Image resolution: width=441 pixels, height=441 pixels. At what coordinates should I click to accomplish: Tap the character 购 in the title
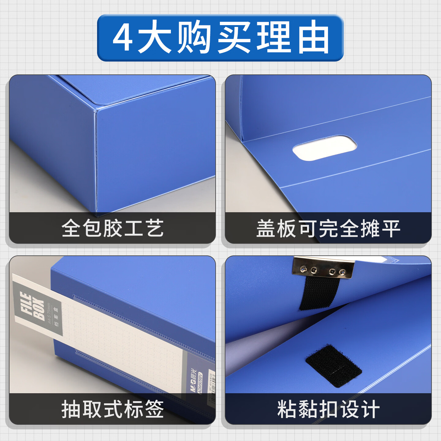tap(194, 37)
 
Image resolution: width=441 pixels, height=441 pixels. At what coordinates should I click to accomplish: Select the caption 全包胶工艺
tap(112, 228)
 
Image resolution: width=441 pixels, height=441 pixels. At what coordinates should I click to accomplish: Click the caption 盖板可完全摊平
tap(328, 228)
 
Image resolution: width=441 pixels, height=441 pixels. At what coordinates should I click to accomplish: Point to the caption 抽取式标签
tap(112, 409)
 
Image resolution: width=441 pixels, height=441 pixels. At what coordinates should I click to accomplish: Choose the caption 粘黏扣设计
tap(328, 409)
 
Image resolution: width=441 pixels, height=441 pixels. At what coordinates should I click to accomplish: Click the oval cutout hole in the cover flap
tap(325, 148)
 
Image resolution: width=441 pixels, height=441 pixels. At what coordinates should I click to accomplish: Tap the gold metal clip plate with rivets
tap(323, 267)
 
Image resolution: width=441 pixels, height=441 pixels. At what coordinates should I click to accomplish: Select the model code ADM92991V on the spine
tap(200, 382)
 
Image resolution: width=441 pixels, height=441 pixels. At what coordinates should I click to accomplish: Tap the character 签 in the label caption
tap(154, 409)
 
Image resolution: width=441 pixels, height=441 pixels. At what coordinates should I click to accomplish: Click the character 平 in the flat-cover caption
tap(391, 228)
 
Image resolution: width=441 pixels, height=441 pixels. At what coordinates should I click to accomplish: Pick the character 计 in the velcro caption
tap(370, 409)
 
